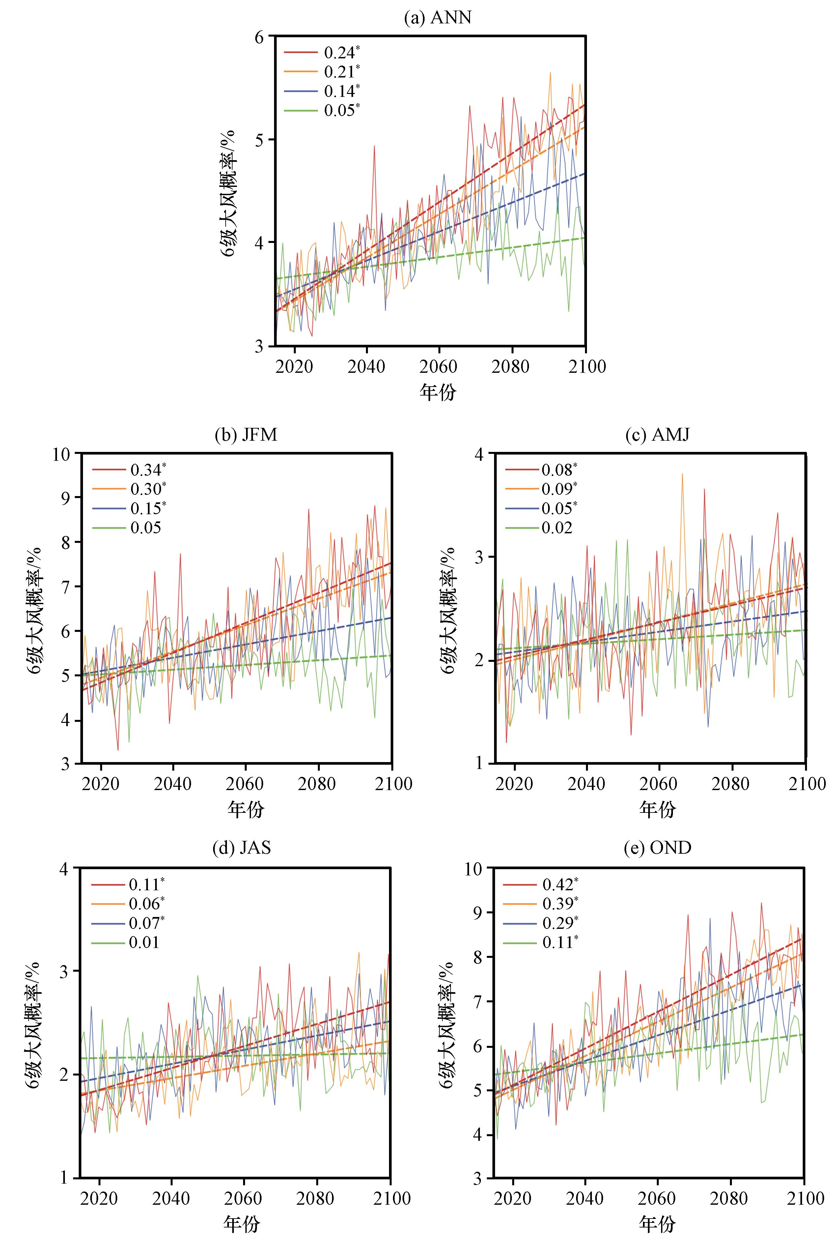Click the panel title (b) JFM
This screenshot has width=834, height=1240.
click(x=246, y=435)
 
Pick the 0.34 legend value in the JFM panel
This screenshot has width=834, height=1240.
click(x=146, y=469)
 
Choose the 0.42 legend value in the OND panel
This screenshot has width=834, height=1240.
click(x=557, y=884)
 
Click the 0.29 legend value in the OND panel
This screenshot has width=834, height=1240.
click(x=557, y=923)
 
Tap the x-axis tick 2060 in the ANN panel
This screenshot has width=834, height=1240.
click(x=439, y=367)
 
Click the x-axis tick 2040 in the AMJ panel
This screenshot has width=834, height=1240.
click(x=587, y=783)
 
